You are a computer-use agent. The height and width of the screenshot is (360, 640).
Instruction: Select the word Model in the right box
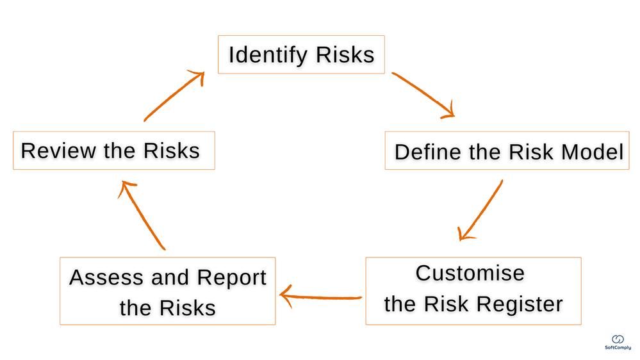point(592,152)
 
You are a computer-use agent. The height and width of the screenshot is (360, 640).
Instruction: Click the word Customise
point(470,273)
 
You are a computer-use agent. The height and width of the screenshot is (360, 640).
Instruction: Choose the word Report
point(231,278)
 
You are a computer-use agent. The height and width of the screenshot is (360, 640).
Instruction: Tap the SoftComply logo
point(618,341)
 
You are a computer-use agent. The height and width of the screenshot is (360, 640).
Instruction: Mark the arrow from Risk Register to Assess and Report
point(320,296)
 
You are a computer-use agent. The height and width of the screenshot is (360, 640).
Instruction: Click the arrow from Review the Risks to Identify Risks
point(174,97)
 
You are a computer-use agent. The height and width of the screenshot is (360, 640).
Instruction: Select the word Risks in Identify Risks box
point(345,55)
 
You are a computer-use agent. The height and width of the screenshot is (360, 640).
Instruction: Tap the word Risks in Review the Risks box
point(171,151)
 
